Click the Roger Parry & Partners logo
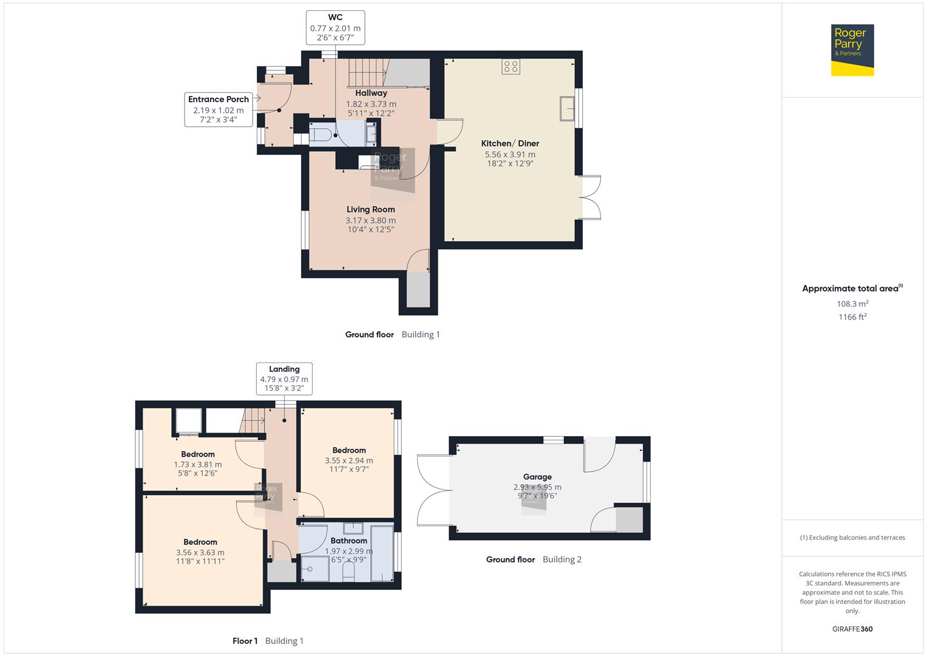(x=852, y=50)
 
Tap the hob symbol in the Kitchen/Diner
(x=511, y=67)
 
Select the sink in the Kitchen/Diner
(x=568, y=109)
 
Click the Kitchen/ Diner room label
(x=510, y=143)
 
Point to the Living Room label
(x=370, y=210)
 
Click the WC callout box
(x=335, y=28)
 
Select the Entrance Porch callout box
(x=219, y=109)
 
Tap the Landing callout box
(x=284, y=378)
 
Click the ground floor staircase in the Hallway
(x=367, y=73)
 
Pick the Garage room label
(x=537, y=477)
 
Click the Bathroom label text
(x=348, y=541)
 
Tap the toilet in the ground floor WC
(x=321, y=135)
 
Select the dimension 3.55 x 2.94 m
(x=348, y=460)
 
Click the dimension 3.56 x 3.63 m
(x=200, y=553)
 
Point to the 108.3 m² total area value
(x=852, y=304)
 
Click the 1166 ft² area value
(x=852, y=317)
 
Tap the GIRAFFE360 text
(x=852, y=629)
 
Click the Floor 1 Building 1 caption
(x=268, y=641)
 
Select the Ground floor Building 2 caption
(x=534, y=559)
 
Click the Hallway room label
(x=371, y=93)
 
